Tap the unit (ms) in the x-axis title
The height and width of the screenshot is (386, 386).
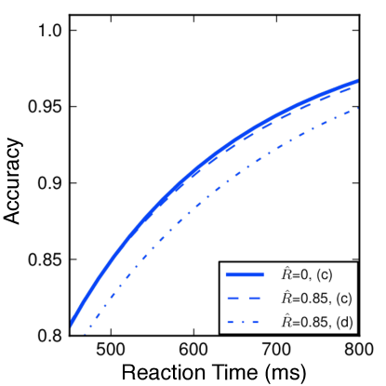point(286,372)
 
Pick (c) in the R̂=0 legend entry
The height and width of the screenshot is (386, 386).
point(325,275)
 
